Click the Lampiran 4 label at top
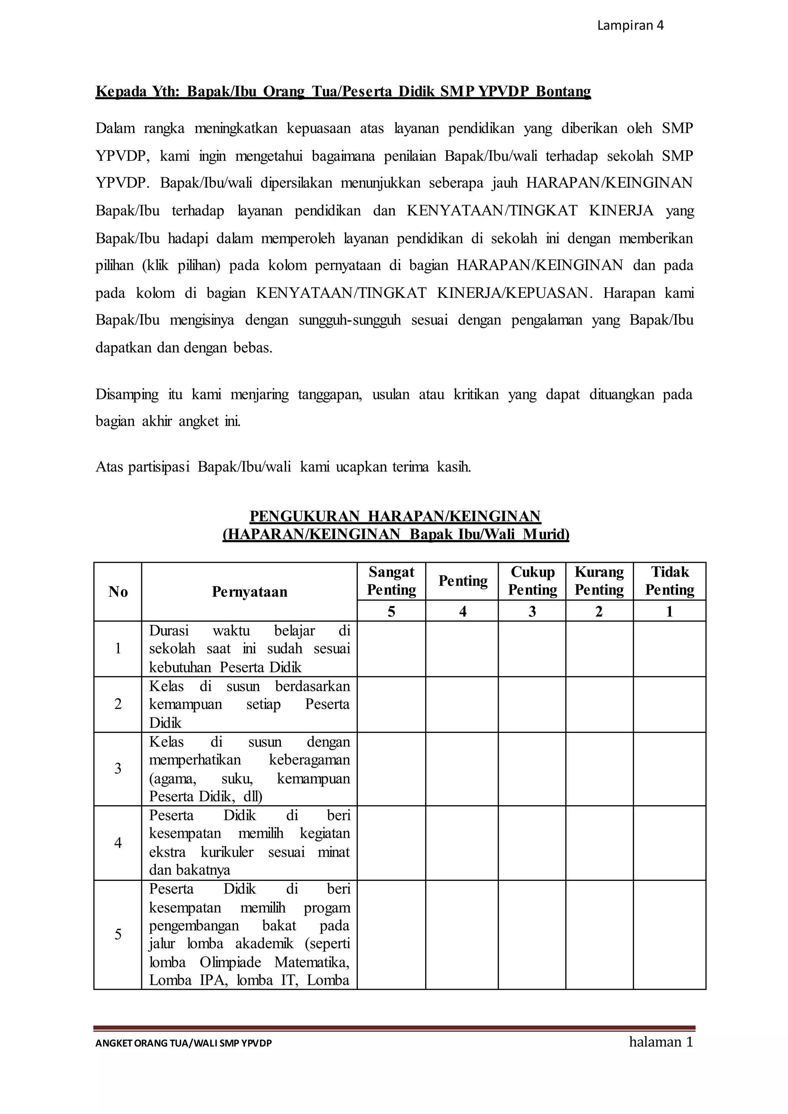coord(630,26)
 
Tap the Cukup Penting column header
coord(532,581)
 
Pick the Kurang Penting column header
coord(599,581)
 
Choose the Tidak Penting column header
coord(669,581)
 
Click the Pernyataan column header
coord(249,592)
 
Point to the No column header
coord(118,592)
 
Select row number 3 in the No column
coord(118,769)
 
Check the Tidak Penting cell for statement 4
coord(669,843)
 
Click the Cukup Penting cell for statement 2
coord(532,704)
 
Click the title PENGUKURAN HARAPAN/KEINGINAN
coord(395,516)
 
